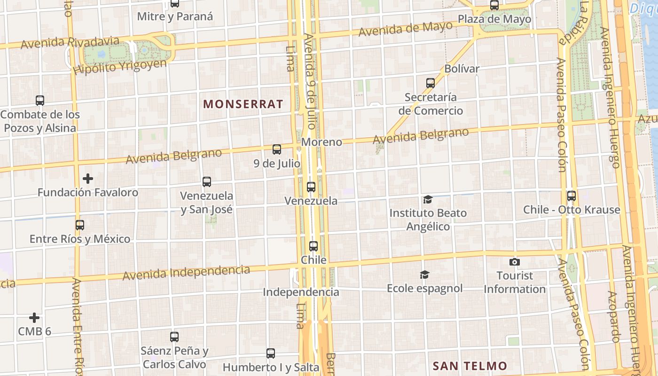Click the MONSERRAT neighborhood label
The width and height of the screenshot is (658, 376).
pyautogui.click(x=243, y=104)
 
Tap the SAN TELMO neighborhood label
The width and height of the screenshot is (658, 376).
pyautogui.click(x=470, y=366)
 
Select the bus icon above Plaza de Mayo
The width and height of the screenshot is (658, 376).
pyautogui.click(x=494, y=5)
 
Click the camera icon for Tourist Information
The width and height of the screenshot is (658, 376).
pyautogui.click(x=515, y=262)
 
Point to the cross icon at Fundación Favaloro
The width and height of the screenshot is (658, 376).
pyautogui.click(x=87, y=179)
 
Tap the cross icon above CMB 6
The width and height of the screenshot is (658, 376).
pyautogui.click(x=34, y=318)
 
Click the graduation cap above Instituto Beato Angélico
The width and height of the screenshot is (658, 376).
pyautogui.click(x=428, y=200)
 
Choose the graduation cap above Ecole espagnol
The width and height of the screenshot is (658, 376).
pyautogui.click(x=424, y=274)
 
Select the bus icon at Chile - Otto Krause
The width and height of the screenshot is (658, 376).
pyautogui.click(x=572, y=196)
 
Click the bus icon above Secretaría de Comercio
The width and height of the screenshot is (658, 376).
pyautogui.click(x=430, y=83)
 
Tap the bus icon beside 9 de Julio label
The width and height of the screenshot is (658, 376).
pyautogui.click(x=277, y=149)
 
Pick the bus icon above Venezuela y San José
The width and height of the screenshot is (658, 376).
pyautogui.click(x=206, y=182)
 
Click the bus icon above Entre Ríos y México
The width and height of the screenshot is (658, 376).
pyautogui.click(x=80, y=225)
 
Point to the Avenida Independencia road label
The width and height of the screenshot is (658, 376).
pyautogui.click(x=186, y=272)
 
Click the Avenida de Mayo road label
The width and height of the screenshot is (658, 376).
pyautogui.click(x=405, y=29)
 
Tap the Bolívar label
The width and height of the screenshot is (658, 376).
pyautogui.click(x=462, y=69)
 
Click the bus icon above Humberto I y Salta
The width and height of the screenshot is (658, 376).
pyautogui.click(x=270, y=353)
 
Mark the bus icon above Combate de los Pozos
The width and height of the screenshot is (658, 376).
pyautogui.click(x=40, y=101)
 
